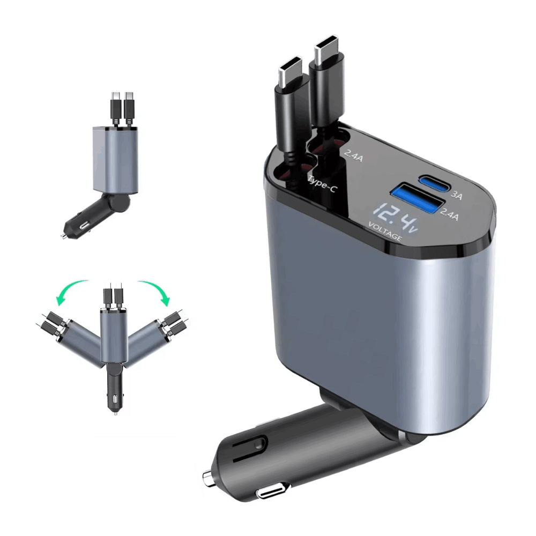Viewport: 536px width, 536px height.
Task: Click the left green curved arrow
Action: point(71,291)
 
